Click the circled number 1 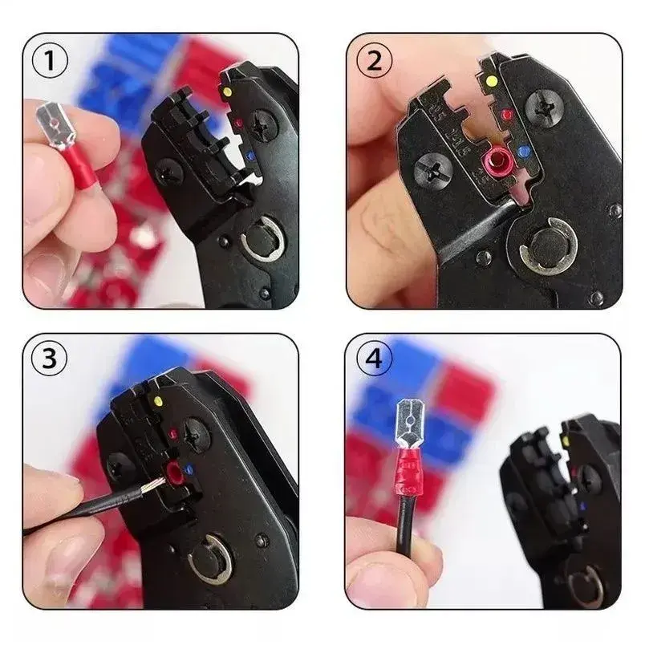click(50, 60)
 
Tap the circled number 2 click(374, 62)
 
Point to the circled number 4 click(374, 359)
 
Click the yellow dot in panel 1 click(226, 90)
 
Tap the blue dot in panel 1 click(249, 156)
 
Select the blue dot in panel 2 click(524, 152)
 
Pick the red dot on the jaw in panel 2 click(507, 114)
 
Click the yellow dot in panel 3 click(157, 400)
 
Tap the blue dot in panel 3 click(189, 469)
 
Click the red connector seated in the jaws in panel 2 click(497, 160)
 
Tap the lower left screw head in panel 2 click(433, 172)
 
